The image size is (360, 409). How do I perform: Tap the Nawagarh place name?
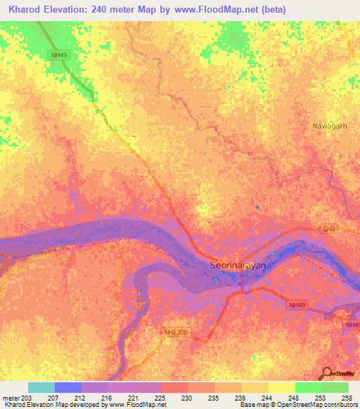click(330, 126)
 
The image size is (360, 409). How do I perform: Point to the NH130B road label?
click(176, 332)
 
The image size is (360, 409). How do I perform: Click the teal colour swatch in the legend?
click(41, 387)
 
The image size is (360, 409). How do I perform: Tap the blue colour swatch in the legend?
click(67, 387)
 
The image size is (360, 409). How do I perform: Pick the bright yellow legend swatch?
click(281, 387)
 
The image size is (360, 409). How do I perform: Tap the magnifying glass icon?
click(325, 374)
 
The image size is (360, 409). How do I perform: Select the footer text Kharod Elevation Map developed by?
click(46, 405)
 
